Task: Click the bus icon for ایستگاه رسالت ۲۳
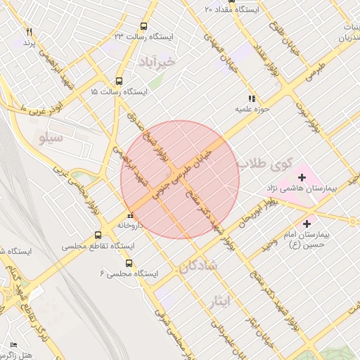point(143,26)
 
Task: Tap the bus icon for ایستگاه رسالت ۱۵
point(119,81)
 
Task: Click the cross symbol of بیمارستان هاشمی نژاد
point(302,177)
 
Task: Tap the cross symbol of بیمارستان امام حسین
point(307,223)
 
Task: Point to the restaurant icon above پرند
point(29,32)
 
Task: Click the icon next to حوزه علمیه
point(251,98)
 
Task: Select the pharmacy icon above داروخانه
point(129,216)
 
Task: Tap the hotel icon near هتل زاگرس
point(13,345)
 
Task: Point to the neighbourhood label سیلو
point(50,139)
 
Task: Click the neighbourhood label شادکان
point(199,266)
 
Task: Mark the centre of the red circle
point(180,180)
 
